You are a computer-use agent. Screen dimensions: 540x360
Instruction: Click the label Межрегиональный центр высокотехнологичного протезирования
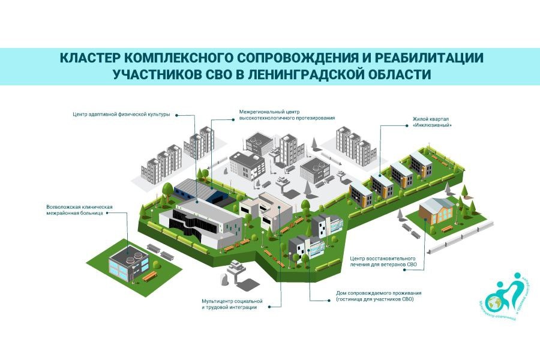pyautogui.click(x=287, y=115)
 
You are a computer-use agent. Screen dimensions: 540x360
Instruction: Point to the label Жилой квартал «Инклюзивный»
pyautogui.click(x=431, y=122)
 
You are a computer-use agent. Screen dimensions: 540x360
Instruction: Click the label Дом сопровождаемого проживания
pyautogui.click(x=375, y=295)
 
